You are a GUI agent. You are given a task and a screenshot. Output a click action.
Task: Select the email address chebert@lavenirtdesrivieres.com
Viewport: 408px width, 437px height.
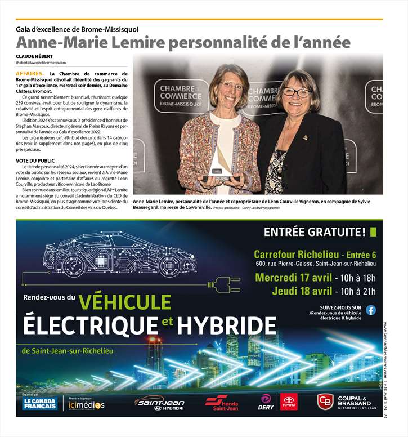pyautogui.click(x=41, y=63)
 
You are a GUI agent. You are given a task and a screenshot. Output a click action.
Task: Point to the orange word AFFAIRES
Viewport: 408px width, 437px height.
pyautogui.click(x=30, y=74)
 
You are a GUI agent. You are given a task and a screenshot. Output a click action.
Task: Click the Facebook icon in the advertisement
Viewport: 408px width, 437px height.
pyautogui.click(x=371, y=310)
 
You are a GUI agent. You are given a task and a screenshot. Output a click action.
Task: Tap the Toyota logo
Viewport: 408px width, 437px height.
pyautogui.click(x=289, y=402)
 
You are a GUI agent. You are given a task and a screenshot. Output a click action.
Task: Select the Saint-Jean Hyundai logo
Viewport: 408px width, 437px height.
pyautogui.click(x=159, y=403)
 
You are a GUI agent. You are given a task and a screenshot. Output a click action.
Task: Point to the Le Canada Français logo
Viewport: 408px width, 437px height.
pyautogui.click(x=40, y=403)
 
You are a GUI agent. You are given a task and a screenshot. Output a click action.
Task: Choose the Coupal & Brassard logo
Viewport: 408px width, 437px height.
pyautogui.click(x=343, y=402)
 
